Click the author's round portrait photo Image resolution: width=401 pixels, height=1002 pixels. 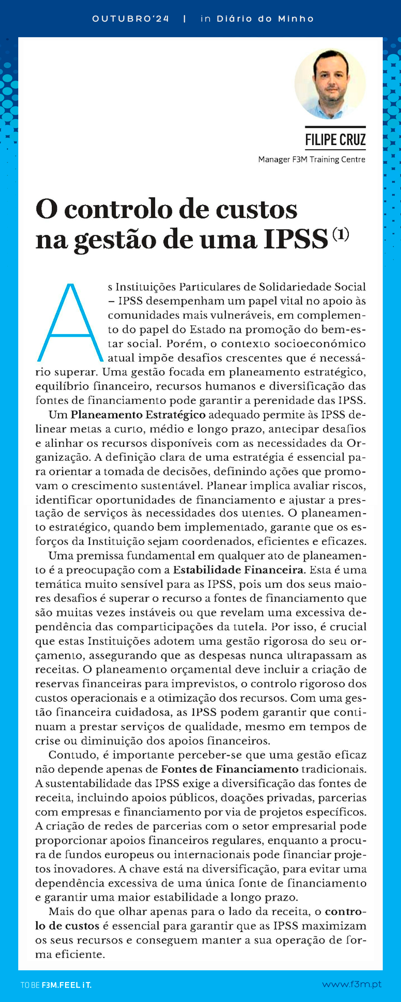pos(330,84)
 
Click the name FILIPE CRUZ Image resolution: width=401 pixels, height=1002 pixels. pos(335,139)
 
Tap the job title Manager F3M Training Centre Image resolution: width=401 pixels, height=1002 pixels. pos(312,159)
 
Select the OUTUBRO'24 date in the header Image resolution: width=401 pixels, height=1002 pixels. pos(131,19)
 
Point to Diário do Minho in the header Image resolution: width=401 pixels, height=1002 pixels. pos(265,19)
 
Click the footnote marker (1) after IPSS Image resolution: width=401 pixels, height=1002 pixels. pos(341,234)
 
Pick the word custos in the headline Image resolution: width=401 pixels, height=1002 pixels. pos(257,210)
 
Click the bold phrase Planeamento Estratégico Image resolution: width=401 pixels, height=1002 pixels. pos(138,415)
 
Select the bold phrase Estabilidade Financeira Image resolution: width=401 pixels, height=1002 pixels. pos(238,570)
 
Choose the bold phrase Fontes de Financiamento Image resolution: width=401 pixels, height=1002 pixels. pos(230,769)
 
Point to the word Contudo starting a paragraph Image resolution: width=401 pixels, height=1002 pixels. pos(74,755)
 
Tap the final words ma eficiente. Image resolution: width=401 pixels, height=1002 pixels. pos(70,954)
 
